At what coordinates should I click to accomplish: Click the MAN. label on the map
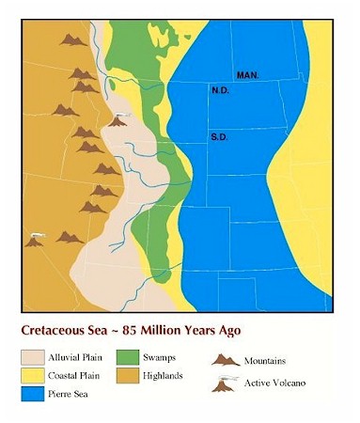(247, 74)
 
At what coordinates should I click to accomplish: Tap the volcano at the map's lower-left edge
(36, 241)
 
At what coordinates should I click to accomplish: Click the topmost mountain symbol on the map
(71, 39)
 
